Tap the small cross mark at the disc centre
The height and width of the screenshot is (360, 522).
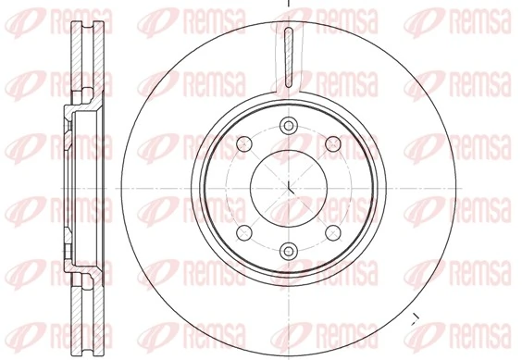click(x=289, y=187)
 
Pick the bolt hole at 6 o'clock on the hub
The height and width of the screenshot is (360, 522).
click(x=289, y=248)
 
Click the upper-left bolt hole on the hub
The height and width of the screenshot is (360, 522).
click(x=244, y=144)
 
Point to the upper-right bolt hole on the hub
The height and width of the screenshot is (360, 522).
click(x=333, y=144)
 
